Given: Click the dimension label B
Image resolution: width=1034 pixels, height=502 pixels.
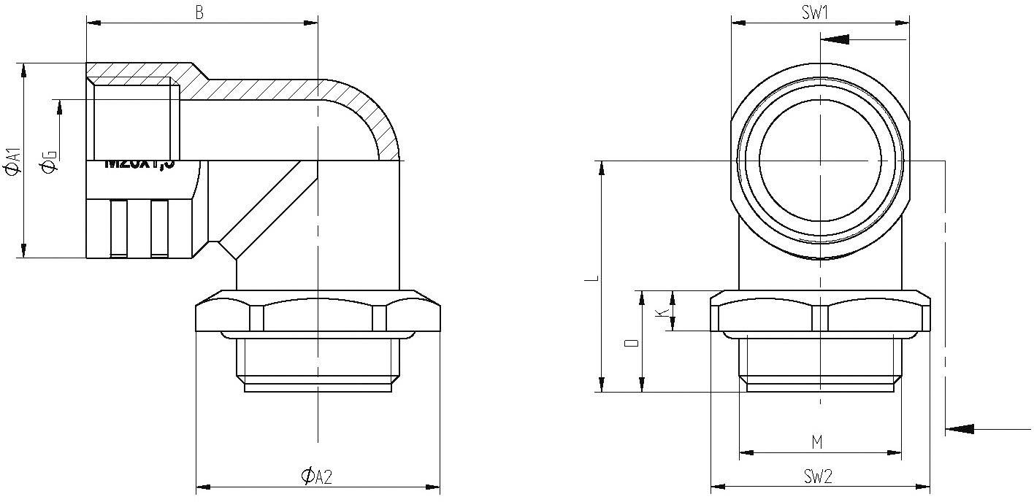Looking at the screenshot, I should coord(199,12).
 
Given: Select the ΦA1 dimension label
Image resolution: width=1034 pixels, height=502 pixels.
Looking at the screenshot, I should coord(12,161).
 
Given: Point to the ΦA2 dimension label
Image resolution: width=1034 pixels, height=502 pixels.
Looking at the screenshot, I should coord(317,476).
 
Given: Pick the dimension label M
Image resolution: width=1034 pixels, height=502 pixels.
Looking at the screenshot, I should coord(817,442).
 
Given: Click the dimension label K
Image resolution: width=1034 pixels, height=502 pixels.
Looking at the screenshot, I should coord(662,312).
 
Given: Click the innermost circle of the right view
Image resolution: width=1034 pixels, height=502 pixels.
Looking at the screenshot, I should coord(820,159).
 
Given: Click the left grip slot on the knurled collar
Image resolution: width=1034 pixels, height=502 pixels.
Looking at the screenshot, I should coord(118,228).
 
